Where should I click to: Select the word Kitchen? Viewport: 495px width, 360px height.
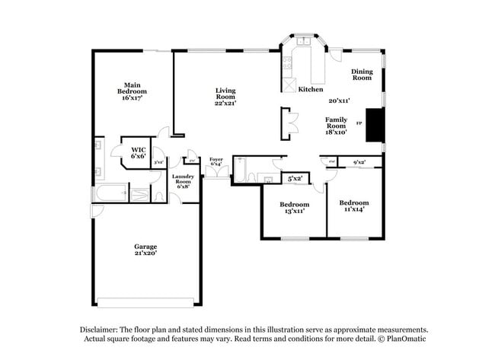pyautogui.click(x=311, y=89)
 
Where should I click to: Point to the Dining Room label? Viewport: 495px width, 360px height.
pyautogui.click(x=362, y=75)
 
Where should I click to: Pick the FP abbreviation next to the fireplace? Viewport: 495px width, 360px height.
pyautogui.click(x=359, y=123)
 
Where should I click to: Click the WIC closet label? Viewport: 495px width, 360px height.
pyautogui.click(x=138, y=152)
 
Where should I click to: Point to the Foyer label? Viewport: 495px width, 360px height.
pyautogui.click(x=216, y=161)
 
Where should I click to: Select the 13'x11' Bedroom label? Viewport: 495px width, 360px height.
pyautogui.click(x=294, y=208)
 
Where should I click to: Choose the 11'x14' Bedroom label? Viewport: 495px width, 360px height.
pyautogui.click(x=353, y=206)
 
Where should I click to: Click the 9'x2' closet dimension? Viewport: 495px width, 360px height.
pyautogui.click(x=359, y=161)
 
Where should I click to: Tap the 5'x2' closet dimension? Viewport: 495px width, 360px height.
pyautogui.click(x=295, y=178)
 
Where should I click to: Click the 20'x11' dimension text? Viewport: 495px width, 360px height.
pyautogui.click(x=338, y=100)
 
